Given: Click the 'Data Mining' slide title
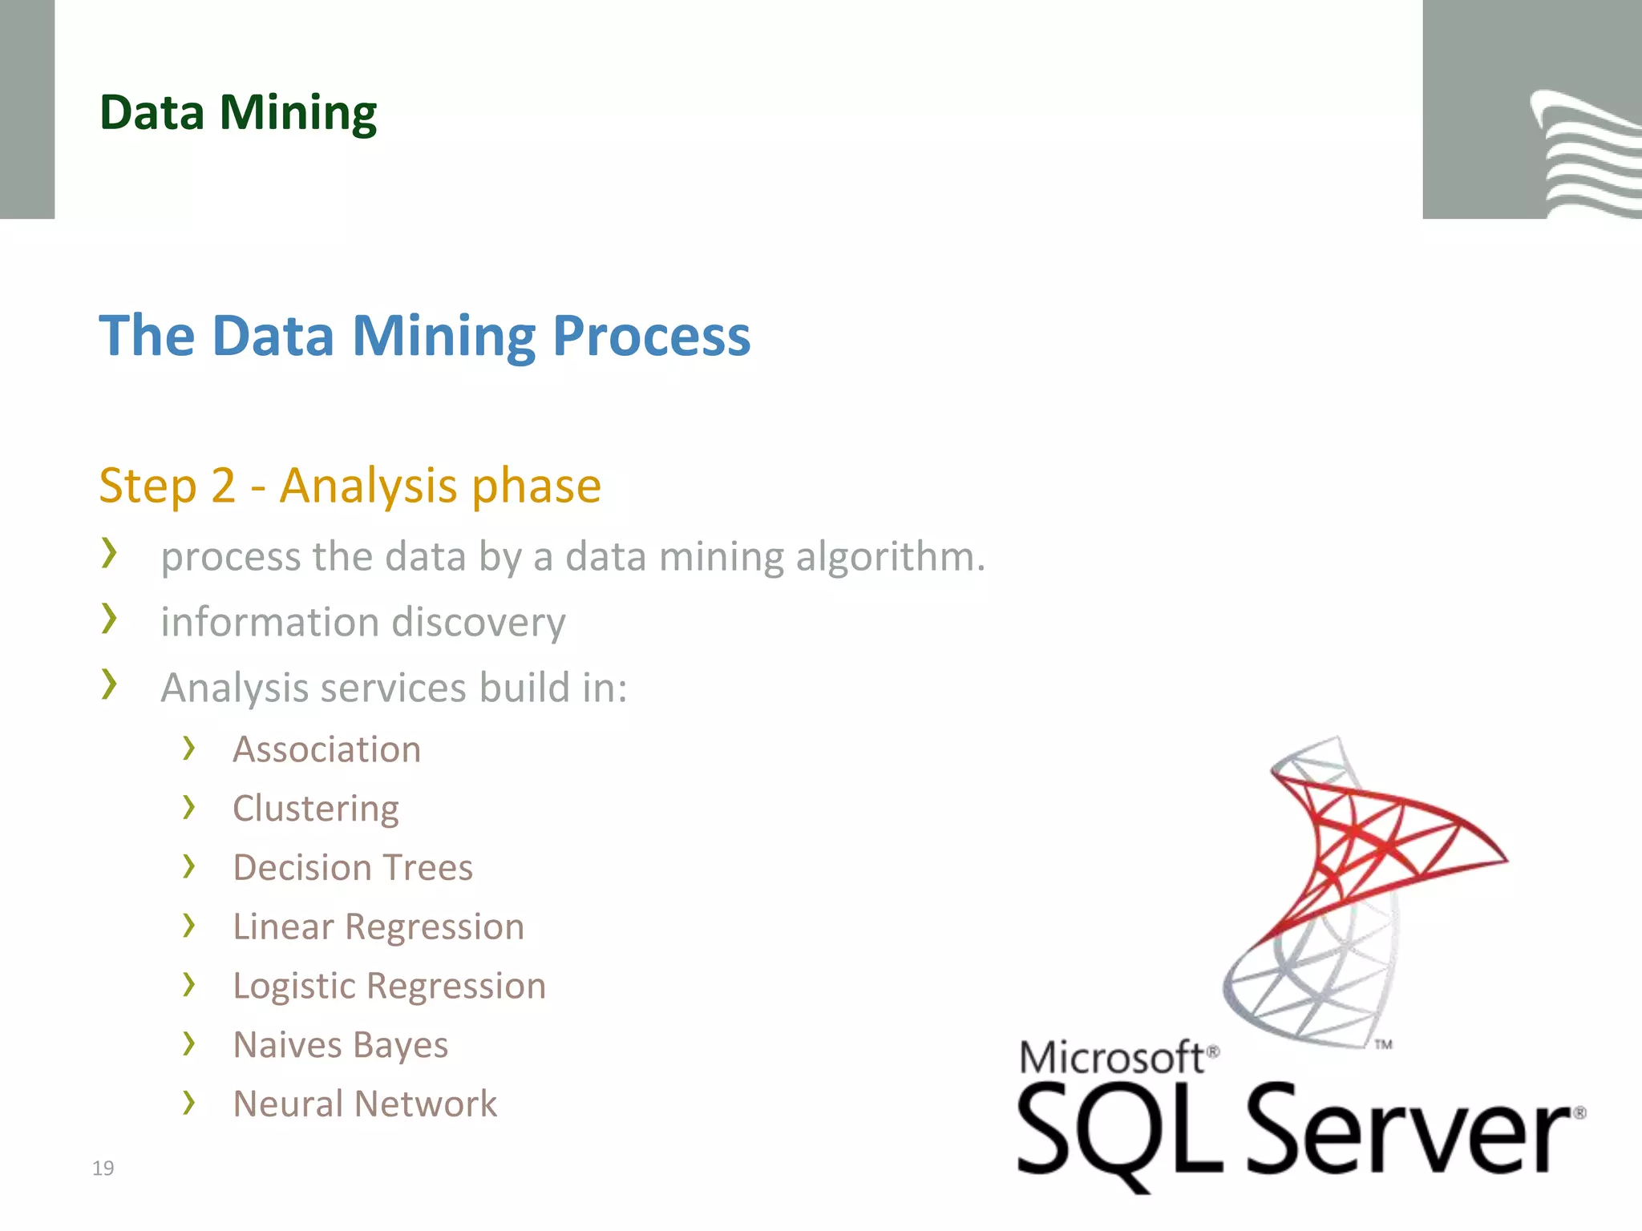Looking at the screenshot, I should [x=238, y=112].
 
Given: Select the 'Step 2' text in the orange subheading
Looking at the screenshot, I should [x=167, y=486].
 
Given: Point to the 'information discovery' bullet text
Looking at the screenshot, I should [x=362, y=623].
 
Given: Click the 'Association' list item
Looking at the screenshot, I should [x=326, y=750].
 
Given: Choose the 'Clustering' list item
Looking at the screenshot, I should [x=315, y=809].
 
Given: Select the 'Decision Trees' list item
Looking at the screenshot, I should [x=353, y=868].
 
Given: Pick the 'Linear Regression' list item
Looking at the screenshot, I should [x=378, y=927].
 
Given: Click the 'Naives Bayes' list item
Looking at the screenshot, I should [x=340, y=1045].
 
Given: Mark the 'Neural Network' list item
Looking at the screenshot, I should [x=365, y=1104].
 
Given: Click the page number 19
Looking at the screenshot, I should [x=103, y=1168].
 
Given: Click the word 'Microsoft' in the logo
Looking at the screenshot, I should [x=1113, y=1058].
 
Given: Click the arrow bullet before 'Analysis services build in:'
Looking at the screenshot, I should [x=109, y=684].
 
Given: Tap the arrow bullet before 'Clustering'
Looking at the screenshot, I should [x=188, y=807].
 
